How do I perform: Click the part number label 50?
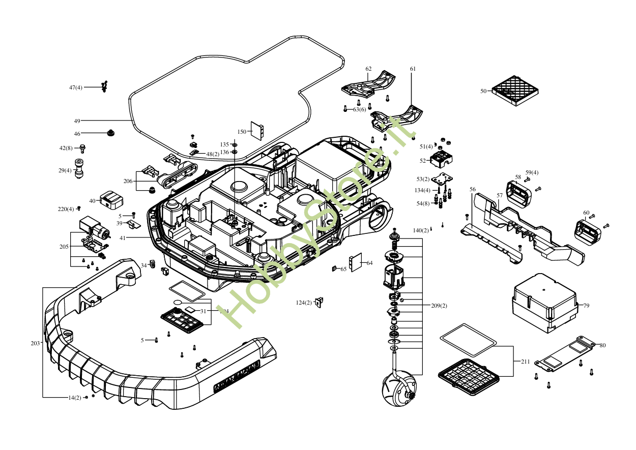click(x=483, y=92)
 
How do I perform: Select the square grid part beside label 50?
click(x=515, y=91)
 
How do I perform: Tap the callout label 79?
click(x=586, y=306)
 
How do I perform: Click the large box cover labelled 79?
click(x=544, y=303)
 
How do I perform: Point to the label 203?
click(x=35, y=344)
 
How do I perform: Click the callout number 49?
click(x=77, y=121)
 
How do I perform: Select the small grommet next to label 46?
click(x=109, y=133)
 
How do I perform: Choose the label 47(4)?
click(x=76, y=87)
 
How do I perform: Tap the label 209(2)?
click(x=439, y=306)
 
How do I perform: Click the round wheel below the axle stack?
click(x=399, y=391)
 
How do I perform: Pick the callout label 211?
click(x=525, y=362)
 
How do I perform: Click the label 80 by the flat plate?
click(x=602, y=346)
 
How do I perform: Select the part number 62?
click(x=368, y=69)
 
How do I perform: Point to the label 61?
click(x=413, y=69)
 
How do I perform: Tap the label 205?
click(x=64, y=247)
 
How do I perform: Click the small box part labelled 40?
click(x=111, y=199)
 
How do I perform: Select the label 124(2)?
click(x=304, y=303)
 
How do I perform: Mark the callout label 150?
click(x=242, y=132)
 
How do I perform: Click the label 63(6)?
click(x=359, y=109)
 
